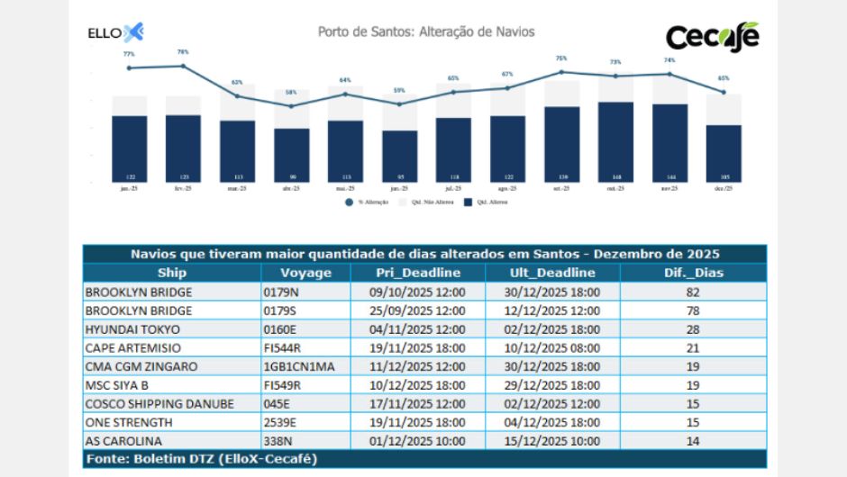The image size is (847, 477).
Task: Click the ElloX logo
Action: [x=115, y=33]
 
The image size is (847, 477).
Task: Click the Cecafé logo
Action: [x=712, y=37]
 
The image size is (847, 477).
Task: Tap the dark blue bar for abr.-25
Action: [x=291, y=153]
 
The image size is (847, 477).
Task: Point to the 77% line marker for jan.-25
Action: [x=129, y=67]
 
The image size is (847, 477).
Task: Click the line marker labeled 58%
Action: [x=291, y=105]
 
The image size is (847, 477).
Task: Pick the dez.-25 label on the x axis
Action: [x=724, y=189]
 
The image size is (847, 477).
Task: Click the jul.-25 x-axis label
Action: [x=453, y=189]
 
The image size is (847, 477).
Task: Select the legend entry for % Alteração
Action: [x=369, y=202]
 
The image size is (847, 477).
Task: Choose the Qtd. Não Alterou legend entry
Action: [x=429, y=202]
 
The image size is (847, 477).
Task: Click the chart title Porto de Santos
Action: [x=426, y=31]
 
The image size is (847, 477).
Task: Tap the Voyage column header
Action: [x=305, y=273]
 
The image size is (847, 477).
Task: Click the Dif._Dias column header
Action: [x=694, y=273]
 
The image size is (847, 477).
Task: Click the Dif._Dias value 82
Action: [x=694, y=292]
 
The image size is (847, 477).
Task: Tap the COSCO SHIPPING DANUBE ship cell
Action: [x=159, y=404]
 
